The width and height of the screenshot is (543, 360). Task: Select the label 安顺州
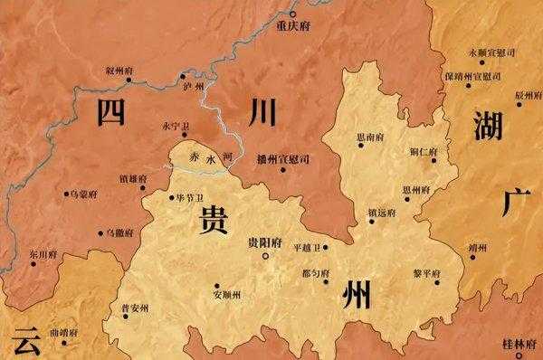point(228,294)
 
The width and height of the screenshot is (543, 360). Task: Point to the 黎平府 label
point(424,272)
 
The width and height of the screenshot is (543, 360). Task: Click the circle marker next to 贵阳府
point(264,257)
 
